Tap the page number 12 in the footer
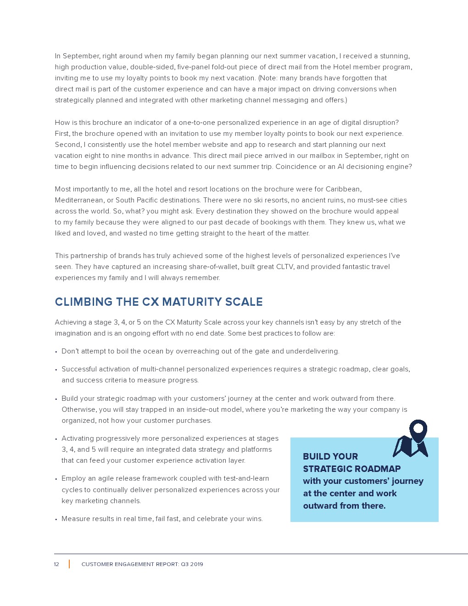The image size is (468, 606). coord(56,564)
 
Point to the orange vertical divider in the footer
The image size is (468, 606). coord(69,564)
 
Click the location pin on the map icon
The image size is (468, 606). coord(418,429)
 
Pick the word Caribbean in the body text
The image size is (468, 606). coord(343,189)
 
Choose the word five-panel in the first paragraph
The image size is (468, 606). coord(194,67)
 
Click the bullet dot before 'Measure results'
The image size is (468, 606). coord(56,519)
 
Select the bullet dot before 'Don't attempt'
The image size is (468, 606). coord(56,352)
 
